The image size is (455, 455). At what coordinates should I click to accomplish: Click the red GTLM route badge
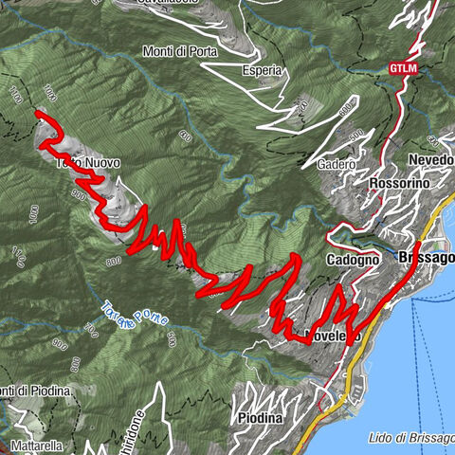click(x=402, y=68)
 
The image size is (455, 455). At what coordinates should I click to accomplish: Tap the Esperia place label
click(x=263, y=70)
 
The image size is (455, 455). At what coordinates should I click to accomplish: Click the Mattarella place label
click(x=36, y=446)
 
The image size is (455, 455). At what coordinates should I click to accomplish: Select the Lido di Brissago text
click(x=409, y=438)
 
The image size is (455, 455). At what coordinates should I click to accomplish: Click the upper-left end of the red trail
click(x=38, y=114)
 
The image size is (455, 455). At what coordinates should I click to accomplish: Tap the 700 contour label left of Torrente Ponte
click(x=91, y=331)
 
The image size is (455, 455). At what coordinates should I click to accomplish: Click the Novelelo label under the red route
click(x=333, y=337)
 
